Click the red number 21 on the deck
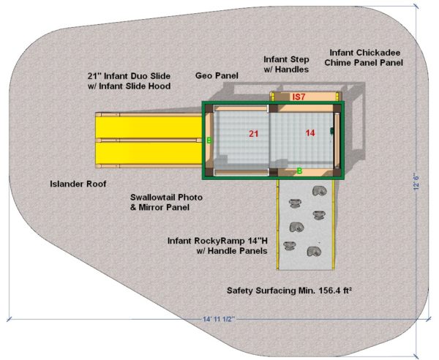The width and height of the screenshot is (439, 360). click(254, 134)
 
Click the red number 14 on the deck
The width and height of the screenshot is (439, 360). click(310, 132)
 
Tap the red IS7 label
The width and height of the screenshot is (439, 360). click(299, 97)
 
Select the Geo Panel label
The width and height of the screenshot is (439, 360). click(217, 75)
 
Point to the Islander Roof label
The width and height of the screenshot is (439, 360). click(78, 184)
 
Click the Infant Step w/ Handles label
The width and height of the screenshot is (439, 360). click(286, 64)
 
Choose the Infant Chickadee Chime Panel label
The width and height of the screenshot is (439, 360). click(364, 58)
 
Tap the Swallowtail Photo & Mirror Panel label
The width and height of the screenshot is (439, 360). click(166, 203)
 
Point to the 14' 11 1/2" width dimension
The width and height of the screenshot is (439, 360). click(219, 319)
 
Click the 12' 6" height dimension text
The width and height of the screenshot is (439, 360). click(416, 183)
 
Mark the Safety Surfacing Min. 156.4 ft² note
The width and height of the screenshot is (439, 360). click(289, 290)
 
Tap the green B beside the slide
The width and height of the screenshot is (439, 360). click(209, 140)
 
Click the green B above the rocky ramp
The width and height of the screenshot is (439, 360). click(299, 170)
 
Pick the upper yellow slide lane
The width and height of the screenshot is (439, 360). click(149, 127)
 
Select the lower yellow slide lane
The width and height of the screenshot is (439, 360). click(149, 153)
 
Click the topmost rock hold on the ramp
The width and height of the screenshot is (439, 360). click(319, 191)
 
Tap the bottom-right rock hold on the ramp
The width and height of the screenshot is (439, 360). click(314, 252)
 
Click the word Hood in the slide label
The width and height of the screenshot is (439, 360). click(160, 86)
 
